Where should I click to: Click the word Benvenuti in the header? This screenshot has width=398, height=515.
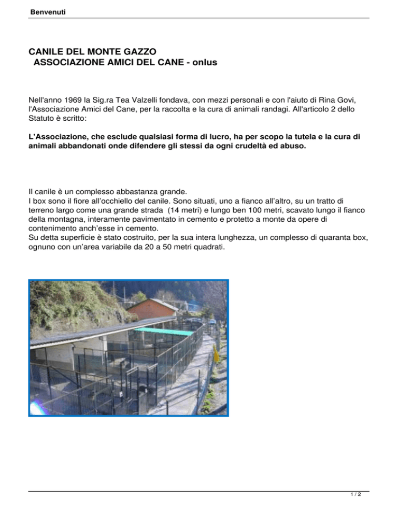coord(48,11)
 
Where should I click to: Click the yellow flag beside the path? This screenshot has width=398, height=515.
coord(216,355)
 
